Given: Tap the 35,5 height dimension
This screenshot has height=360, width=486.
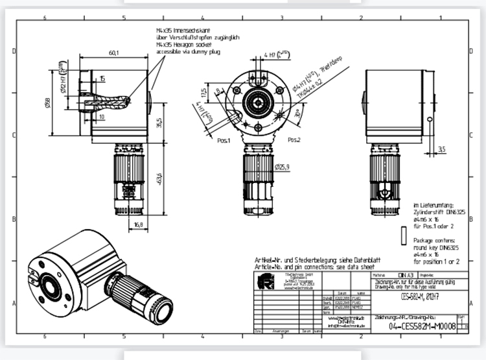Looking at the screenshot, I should (159, 123).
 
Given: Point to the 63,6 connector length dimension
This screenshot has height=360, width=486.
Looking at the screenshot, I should (159, 178).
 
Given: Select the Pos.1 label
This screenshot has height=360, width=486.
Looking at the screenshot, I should (225, 140).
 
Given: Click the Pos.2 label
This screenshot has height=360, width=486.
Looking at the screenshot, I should (294, 140).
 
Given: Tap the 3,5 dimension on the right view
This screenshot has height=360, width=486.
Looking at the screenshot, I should (442, 149).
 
